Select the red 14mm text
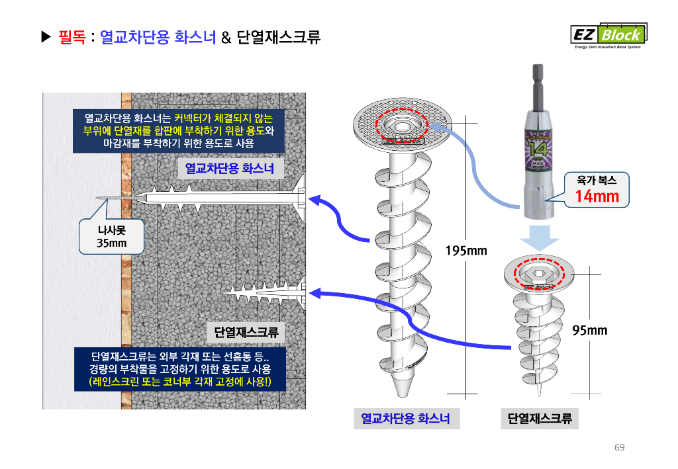point(597,195)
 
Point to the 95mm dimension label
point(589,329)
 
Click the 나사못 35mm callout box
point(111,237)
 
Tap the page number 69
point(619,448)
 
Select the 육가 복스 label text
point(597,179)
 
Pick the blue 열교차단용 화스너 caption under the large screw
point(405,418)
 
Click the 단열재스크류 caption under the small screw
point(540,418)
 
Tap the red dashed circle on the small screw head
point(538,272)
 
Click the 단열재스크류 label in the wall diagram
point(246,331)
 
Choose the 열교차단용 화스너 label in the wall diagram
point(229,169)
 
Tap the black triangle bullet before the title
point(46,37)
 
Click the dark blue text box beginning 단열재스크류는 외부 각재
point(179,369)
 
